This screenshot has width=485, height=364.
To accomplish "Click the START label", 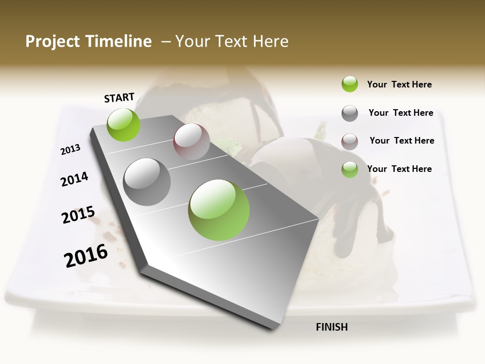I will pyautogui.click(x=119, y=98).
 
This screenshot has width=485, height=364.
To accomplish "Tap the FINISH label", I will pyautogui.click(x=331, y=327).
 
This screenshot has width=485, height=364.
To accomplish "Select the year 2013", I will pyautogui.click(x=71, y=149).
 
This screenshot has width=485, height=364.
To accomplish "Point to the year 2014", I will pyautogui.click(x=74, y=179).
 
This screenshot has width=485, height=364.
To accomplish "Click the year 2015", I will pyautogui.click(x=78, y=214).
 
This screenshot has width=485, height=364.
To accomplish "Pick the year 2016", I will pyautogui.click(x=86, y=255).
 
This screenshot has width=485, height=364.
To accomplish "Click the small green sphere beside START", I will pyautogui.click(x=124, y=124).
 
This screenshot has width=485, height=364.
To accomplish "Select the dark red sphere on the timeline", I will pyautogui.click(x=191, y=142).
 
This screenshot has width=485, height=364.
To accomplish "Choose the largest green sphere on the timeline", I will pyautogui.click(x=219, y=210).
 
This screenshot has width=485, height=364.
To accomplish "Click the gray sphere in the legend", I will pyautogui.click(x=350, y=113).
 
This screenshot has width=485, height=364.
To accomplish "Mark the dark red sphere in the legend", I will pyautogui.click(x=350, y=142).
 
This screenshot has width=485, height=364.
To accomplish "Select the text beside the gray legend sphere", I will pyautogui.click(x=401, y=113).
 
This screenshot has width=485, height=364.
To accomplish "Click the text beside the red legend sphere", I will pyautogui.click(x=402, y=141).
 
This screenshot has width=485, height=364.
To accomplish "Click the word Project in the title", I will pyautogui.click(x=53, y=41).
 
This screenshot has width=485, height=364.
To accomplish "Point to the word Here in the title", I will pyautogui.click(x=270, y=41).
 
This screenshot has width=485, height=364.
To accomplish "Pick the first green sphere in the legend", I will pyautogui.click(x=350, y=84).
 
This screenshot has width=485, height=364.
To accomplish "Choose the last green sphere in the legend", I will pyautogui.click(x=350, y=169).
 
